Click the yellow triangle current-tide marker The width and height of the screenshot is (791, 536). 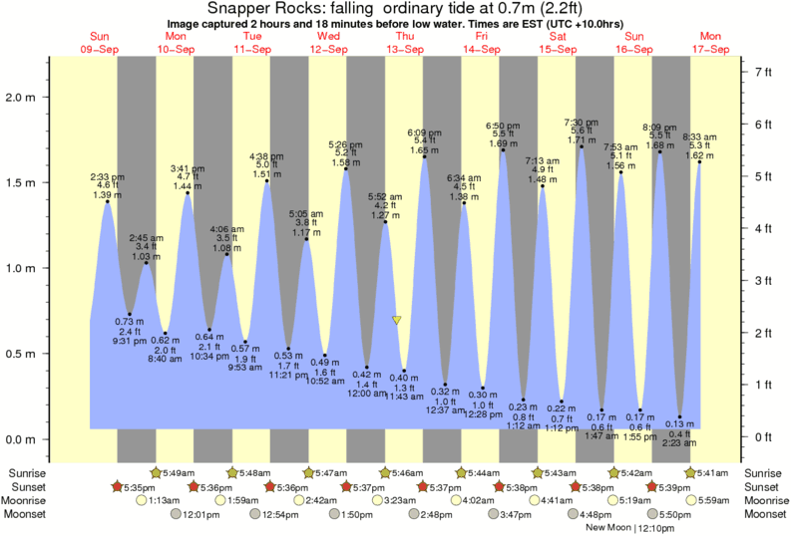click(x=397, y=320)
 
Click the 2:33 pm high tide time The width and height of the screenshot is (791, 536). click(x=107, y=175)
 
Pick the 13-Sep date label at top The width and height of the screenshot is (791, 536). click(x=405, y=49)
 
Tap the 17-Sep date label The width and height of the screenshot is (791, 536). click(x=711, y=49)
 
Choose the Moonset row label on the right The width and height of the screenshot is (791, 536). click(x=763, y=514)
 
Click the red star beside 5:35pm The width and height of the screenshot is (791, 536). click(x=117, y=486)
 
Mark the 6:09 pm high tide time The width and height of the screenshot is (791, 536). click(x=425, y=133)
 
